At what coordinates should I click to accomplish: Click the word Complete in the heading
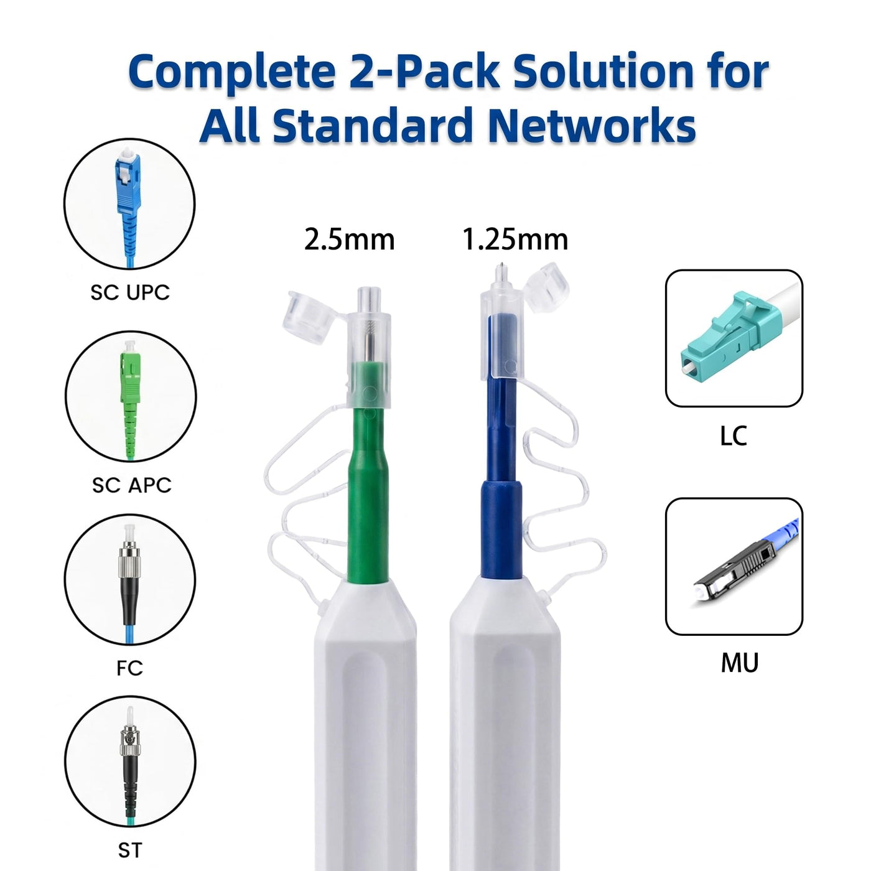click(231, 72)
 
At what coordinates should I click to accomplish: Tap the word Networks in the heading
click(592, 124)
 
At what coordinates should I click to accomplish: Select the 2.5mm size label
click(350, 240)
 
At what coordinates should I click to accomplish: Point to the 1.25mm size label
click(515, 240)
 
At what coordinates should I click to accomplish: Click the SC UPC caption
click(130, 292)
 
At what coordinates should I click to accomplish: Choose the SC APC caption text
click(131, 485)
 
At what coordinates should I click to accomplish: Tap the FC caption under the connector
click(130, 668)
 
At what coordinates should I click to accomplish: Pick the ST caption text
click(130, 850)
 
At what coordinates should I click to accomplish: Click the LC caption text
click(733, 436)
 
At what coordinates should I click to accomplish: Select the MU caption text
click(740, 663)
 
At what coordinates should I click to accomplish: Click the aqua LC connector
click(722, 332)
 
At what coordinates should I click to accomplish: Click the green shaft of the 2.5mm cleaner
click(368, 483)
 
